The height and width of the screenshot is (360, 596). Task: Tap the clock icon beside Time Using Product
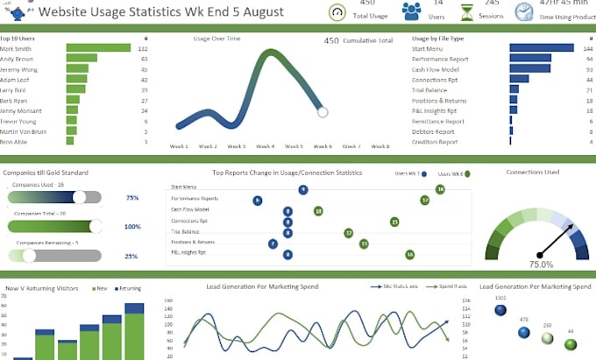pos(523,12)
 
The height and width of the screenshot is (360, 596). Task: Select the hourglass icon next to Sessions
pos(467,12)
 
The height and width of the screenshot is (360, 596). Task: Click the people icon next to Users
pos(411,12)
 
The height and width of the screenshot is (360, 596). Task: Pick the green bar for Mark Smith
pos(97,48)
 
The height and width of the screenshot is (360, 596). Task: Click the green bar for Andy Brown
pos(81,59)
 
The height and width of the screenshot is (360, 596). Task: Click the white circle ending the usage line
pos(323,112)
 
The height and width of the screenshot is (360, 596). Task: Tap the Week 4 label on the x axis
pos(266,146)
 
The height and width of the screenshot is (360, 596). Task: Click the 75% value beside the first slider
pos(132,198)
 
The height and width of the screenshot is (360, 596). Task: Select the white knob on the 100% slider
pos(96,227)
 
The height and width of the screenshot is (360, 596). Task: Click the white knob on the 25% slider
pos(29,256)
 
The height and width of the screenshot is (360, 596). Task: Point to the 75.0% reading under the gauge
pos(540,264)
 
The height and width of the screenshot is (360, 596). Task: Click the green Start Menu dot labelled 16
pos(440,188)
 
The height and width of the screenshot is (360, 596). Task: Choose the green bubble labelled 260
pos(547,337)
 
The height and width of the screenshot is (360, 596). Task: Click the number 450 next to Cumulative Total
pos(331,39)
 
